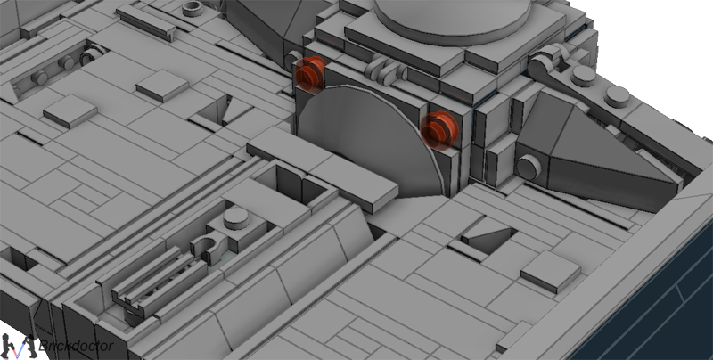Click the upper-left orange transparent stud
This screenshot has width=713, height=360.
tap(310, 73)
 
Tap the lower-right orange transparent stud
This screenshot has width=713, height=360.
tap(438, 129)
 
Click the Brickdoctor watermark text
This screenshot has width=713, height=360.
tap(77, 347)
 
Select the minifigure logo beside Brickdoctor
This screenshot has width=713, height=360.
tap(18, 347)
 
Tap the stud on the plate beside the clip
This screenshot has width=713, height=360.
tap(236, 218)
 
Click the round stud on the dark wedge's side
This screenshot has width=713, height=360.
tap(529, 167)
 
